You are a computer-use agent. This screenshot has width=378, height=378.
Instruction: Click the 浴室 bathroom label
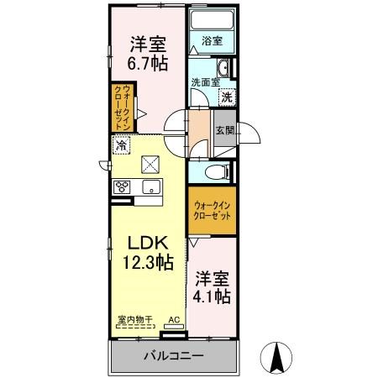pos(213,41)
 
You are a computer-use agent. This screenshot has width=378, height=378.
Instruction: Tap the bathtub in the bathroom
pos(212,19)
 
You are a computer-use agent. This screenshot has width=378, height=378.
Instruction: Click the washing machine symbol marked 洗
pos(227,97)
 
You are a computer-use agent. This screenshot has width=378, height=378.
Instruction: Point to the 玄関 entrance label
pos(225,130)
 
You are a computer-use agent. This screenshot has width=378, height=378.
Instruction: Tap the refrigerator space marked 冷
pos(122,144)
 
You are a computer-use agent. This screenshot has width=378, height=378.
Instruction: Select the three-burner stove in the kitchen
pos(122,186)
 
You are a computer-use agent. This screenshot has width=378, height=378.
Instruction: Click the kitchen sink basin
pos(151,186)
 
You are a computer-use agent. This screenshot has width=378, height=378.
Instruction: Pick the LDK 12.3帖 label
pos(148,253)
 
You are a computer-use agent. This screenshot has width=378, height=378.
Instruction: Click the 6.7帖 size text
pos(148,64)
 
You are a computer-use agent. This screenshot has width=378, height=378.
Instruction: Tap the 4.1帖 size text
pos(212,297)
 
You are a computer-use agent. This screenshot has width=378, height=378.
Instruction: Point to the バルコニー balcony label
pos(173,356)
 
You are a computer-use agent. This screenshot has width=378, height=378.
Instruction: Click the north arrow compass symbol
pos(276,358)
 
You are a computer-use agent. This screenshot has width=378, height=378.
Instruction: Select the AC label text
pos(174,320)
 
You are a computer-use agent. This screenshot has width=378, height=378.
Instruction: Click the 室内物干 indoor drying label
pos(135,319)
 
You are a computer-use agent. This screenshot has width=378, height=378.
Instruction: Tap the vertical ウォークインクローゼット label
pos(123,108)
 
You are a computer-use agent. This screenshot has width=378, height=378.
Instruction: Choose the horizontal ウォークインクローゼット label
pos(213,211)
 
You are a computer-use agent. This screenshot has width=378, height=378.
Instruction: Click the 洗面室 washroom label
pos(205,82)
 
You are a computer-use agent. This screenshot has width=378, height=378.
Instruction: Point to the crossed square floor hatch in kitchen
pos(150,165)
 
